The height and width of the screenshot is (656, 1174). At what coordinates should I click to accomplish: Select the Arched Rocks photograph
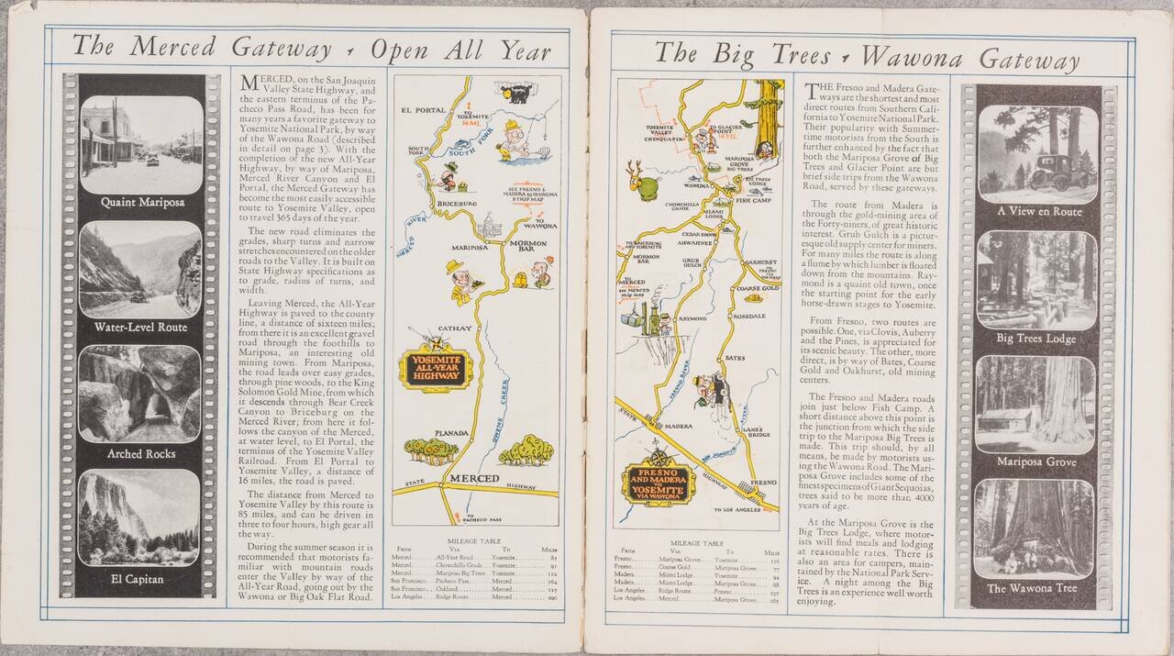[x=140, y=394]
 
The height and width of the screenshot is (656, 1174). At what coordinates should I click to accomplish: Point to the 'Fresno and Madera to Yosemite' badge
[x=658, y=484]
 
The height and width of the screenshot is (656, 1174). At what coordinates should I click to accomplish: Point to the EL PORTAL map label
[x=424, y=110]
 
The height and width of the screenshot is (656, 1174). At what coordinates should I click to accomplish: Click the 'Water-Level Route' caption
[x=140, y=327]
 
